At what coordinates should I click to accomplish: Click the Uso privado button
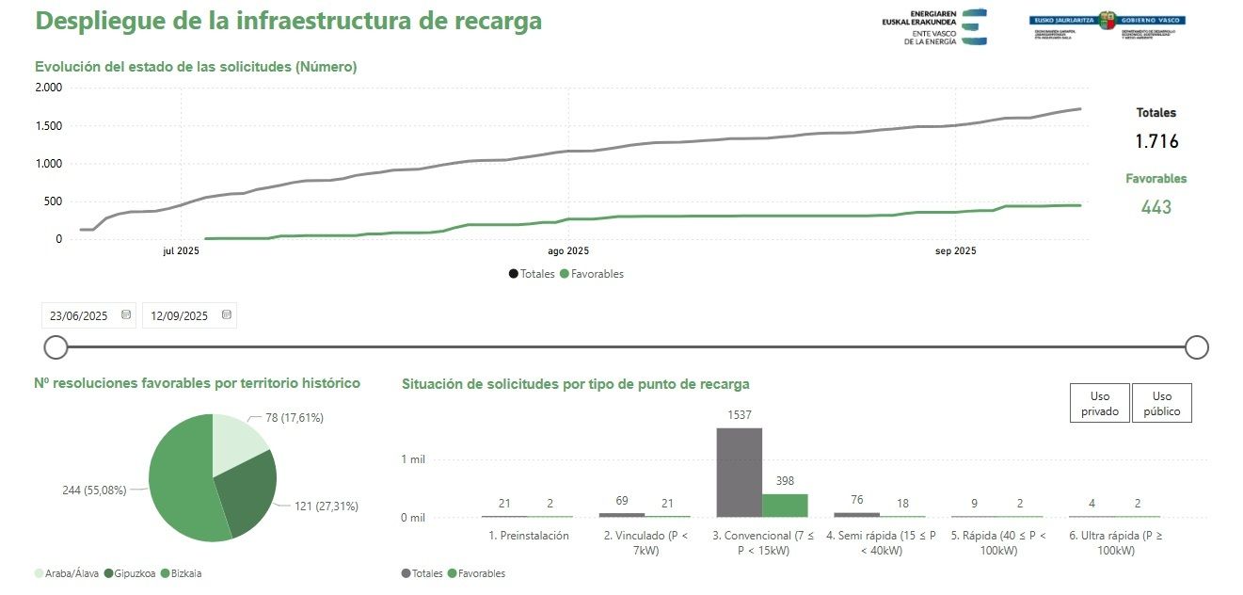pos(1099,403)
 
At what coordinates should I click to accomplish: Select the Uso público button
pos(1162,403)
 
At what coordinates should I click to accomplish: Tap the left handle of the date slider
pos(56,347)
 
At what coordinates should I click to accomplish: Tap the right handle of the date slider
pos(1196,347)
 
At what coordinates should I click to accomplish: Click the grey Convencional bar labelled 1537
pos(739,472)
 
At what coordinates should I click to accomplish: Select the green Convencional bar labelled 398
pos(785,505)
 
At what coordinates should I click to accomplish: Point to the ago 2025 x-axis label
pos(567,251)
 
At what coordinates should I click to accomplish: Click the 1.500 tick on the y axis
pos(48,126)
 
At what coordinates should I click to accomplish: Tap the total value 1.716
pos(1155,142)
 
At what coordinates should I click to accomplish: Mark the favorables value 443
pos(1155,207)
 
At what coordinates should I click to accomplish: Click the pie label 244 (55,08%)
pos(93,490)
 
